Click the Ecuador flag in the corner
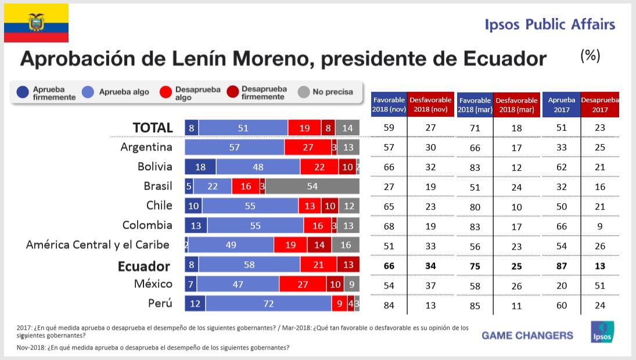pyautogui.click(x=36, y=23)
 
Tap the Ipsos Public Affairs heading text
pyautogui.click(x=549, y=24)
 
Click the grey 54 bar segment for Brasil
pyautogui.click(x=312, y=186)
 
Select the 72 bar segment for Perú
pyautogui.click(x=268, y=304)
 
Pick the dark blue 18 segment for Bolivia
pyautogui.click(x=200, y=167)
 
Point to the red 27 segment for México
pyautogui.click(x=303, y=285)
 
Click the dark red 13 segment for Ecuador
pyautogui.click(x=348, y=265)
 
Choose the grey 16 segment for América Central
pyautogui.click(x=345, y=245)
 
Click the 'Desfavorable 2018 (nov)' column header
pyautogui.click(x=430, y=105)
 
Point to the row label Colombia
pyautogui.click(x=148, y=225)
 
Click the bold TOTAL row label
pyautogui.click(x=153, y=128)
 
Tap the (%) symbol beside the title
pyautogui.click(x=590, y=56)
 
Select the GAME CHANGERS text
pyautogui.click(x=527, y=335)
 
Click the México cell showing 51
pyautogui.click(x=599, y=285)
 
